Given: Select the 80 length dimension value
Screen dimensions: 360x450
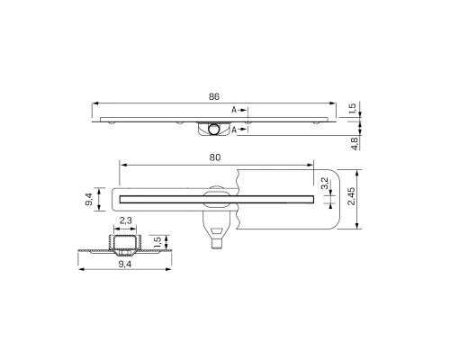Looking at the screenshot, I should pos(215,157).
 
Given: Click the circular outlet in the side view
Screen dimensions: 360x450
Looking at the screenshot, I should pos(215,129).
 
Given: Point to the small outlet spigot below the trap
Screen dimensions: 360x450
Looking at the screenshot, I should pos(218,242).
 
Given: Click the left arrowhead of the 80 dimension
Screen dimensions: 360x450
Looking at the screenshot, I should pos(122,166).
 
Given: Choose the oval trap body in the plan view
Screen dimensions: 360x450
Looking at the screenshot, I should pos(216,195).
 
